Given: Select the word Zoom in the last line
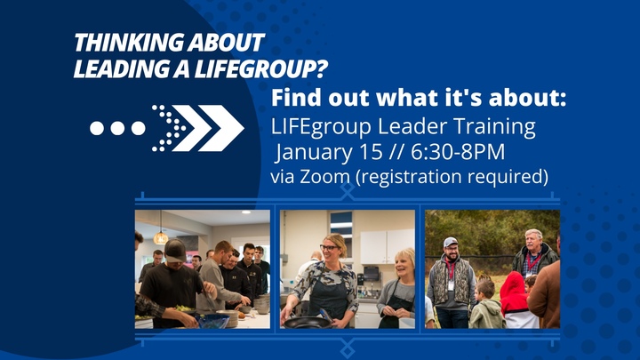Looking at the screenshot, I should [323, 177].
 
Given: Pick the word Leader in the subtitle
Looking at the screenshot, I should [418, 126].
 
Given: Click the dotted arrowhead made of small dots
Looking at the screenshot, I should [169, 128].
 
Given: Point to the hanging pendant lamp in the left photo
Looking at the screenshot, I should [161, 236].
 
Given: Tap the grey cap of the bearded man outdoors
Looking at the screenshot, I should [451, 241].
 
